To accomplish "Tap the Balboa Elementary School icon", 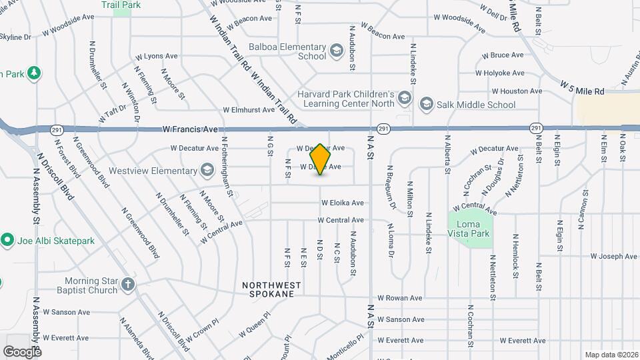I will point(337,50).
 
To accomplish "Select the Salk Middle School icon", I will point(426,104).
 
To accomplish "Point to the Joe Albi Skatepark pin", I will point(7,239).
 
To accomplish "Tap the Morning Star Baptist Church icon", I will point(128,285).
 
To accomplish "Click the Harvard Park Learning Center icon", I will point(404,99).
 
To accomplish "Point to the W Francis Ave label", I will point(191,129).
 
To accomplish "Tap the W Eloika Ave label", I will point(343,203).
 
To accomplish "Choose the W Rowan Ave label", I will point(400,298).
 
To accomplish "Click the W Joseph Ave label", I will point(615,256).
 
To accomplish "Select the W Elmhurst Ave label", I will point(249,110).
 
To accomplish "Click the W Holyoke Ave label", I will point(500,73).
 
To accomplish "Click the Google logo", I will point(22,351).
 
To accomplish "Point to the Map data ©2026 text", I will point(611,355).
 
